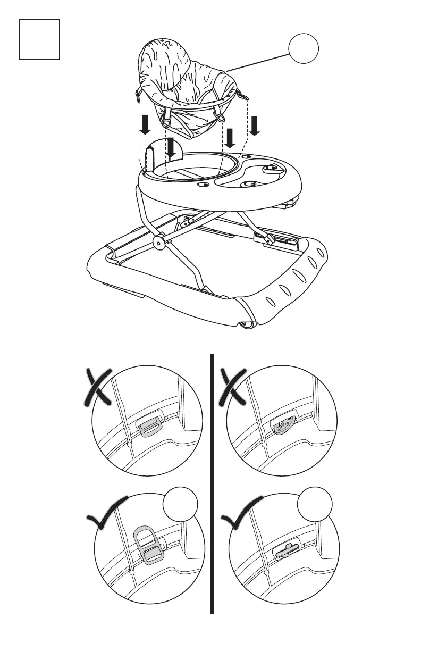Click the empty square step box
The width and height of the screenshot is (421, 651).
39,39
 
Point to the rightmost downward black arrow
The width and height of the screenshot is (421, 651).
255,126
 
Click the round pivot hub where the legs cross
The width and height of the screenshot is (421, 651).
158,243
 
